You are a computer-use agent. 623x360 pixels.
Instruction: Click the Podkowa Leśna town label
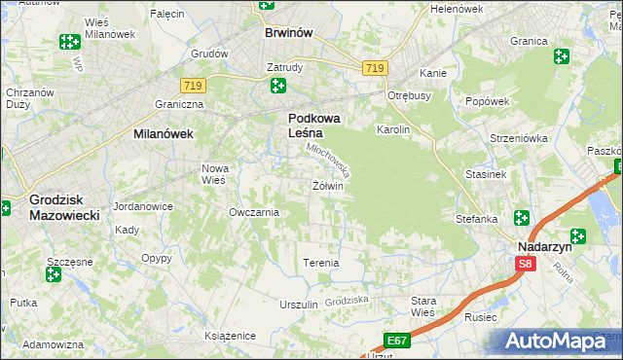point(312,126)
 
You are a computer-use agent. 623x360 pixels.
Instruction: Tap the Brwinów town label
point(288,32)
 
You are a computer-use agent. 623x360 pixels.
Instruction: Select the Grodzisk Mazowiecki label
point(64,206)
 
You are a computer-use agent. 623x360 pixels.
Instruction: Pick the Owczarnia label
point(253,212)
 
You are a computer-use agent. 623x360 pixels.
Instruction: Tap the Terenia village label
point(321,263)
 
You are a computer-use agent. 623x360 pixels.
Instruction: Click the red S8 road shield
point(526,264)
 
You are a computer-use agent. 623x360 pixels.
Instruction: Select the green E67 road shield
point(395,340)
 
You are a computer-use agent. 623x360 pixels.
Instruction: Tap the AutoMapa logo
point(559,342)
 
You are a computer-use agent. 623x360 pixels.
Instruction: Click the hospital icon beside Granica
point(561,56)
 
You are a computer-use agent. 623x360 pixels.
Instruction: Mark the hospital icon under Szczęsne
point(54,274)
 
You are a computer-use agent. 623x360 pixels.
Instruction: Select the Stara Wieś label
point(423,306)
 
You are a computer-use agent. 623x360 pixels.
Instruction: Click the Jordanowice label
point(143,206)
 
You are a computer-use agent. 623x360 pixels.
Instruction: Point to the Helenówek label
point(457,9)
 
